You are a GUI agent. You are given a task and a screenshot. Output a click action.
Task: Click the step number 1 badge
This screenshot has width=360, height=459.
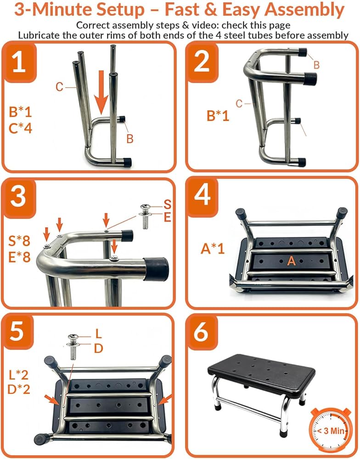pyautogui.click(x=19, y=62)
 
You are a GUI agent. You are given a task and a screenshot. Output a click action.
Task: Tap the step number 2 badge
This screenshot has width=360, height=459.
pyautogui.click(x=202, y=62)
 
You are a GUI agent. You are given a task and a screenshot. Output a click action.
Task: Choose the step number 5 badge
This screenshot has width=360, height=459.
pyautogui.click(x=17, y=332)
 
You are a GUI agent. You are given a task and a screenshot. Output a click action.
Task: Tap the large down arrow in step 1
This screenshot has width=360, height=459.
pyautogui.click(x=101, y=92)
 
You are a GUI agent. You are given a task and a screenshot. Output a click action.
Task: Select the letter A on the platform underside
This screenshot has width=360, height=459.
pyautogui.click(x=292, y=261)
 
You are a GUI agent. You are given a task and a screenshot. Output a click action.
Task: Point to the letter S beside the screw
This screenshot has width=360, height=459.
pyautogui.click(x=167, y=204)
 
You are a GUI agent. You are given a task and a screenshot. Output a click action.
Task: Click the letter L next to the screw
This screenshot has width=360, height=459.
pyautogui.click(x=98, y=333)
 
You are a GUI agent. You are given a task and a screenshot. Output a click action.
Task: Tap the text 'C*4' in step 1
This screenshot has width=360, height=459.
pyautogui.click(x=20, y=128)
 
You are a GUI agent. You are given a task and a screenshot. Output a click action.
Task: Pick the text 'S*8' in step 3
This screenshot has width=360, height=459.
pyautogui.click(x=19, y=241)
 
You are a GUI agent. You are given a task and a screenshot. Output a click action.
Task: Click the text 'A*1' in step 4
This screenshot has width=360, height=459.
pyautogui.click(x=213, y=249)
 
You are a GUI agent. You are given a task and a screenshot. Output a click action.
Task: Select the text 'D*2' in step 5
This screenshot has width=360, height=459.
pyautogui.click(x=19, y=389)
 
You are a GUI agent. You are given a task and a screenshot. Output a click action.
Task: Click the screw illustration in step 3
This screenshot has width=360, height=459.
pyautogui.click(x=146, y=217)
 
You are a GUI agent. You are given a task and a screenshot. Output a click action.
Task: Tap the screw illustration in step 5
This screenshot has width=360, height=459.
pyautogui.click(x=73, y=347)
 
